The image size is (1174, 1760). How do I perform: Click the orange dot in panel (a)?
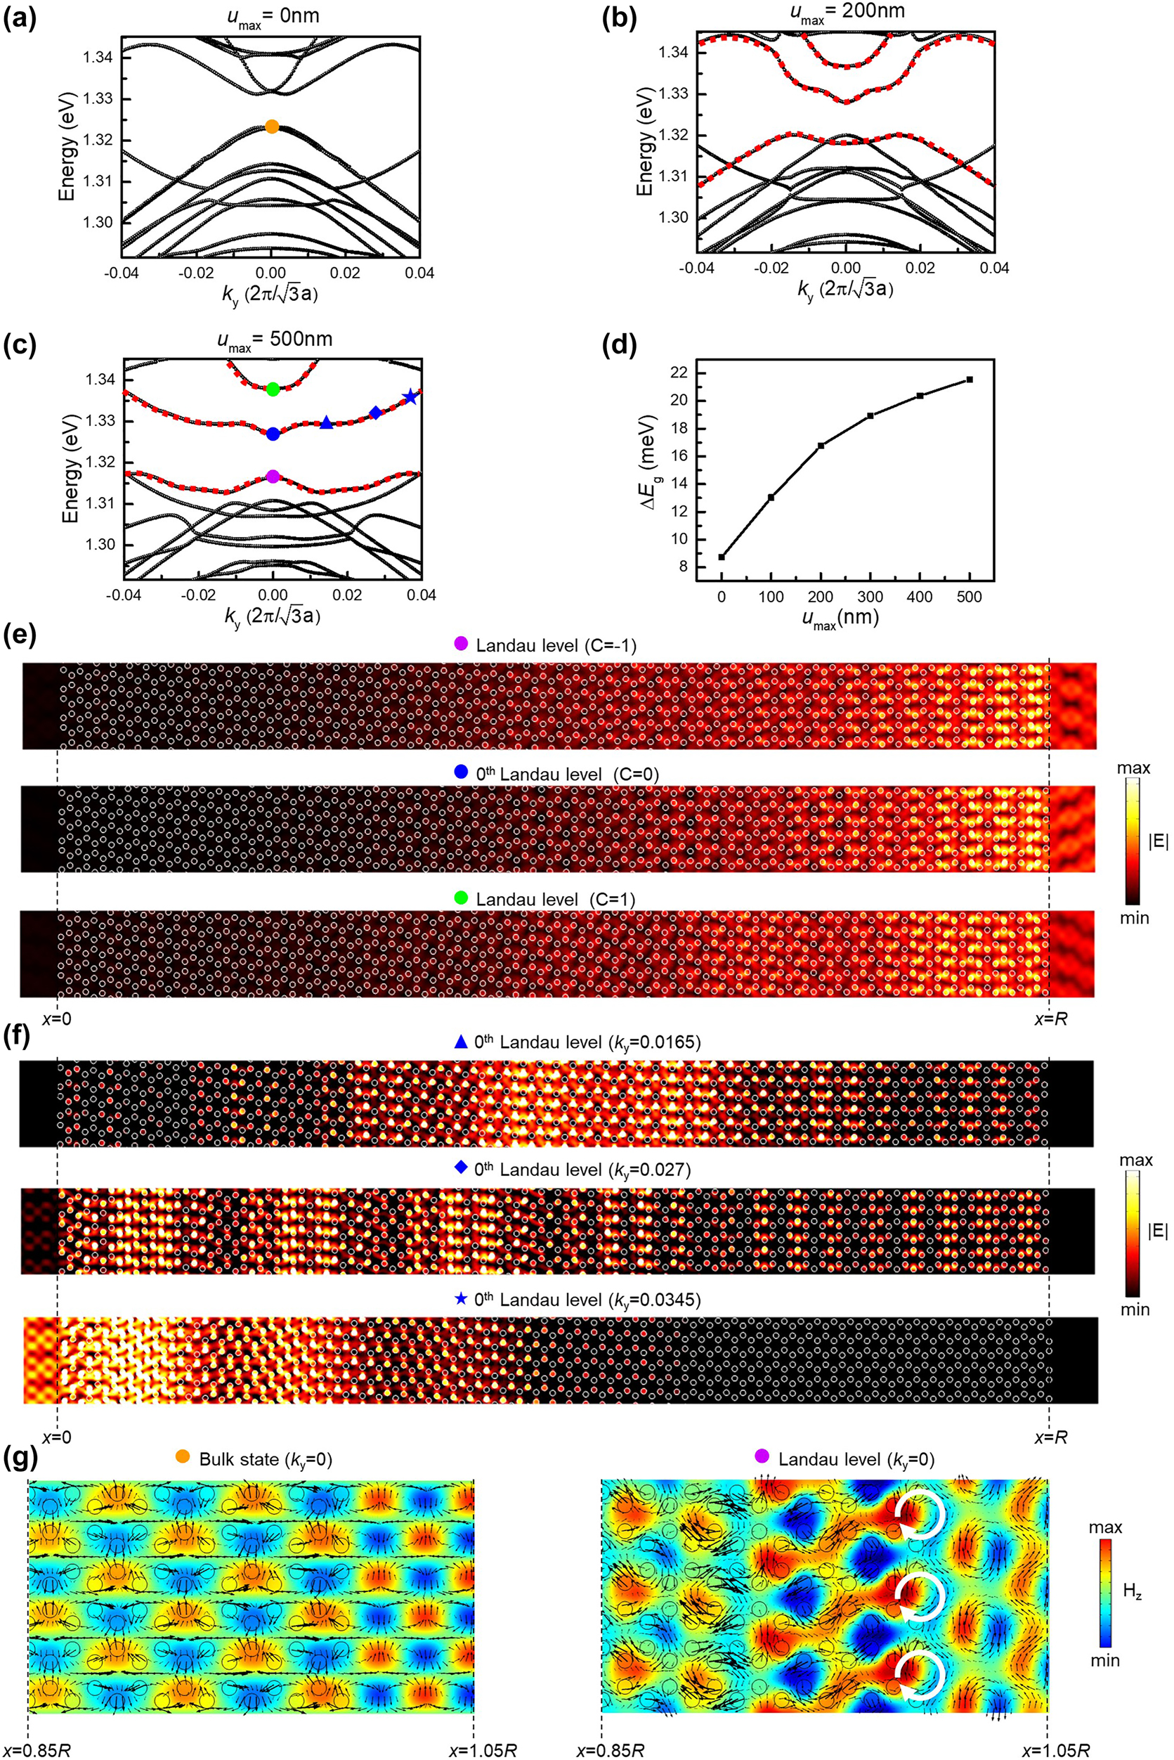(x=272, y=127)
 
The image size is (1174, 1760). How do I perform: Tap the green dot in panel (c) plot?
(x=273, y=389)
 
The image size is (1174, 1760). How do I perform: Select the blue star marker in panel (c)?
(x=410, y=398)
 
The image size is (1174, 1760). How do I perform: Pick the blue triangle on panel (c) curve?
(x=327, y=423)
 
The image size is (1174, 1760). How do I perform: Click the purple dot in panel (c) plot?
(x=273, y=477)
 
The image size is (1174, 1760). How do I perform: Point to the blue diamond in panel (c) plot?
(x=376, y=413)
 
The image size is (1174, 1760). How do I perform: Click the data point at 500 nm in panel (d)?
(x=970, y=380)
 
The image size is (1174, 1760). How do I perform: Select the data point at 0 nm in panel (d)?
(x=722, y=557)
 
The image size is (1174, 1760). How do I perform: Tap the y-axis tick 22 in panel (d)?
(x=679, y=373)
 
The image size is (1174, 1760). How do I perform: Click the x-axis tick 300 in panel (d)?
(x=870, y=597)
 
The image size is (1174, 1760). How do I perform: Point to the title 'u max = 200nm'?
(x=845, y=13)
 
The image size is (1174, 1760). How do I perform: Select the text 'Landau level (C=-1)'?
(x=556, y=645)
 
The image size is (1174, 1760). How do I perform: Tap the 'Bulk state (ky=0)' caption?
(x=266, y=1459)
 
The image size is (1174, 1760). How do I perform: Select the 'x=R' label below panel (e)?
(x=1050, y=1019)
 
